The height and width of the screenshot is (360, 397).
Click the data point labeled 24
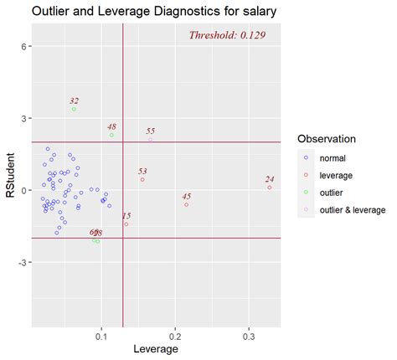coord(270,188)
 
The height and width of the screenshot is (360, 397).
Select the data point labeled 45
coord(186,205)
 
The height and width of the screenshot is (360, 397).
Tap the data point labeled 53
coord(142,180)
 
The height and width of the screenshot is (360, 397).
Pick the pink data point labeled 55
coord(150,140)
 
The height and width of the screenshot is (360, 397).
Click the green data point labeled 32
coord(75,110)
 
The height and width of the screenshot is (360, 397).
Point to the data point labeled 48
coord(111,135)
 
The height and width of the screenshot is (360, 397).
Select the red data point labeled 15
coord(126,224)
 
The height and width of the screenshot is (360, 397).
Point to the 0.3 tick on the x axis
coord(249,336)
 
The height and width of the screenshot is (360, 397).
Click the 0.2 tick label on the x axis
coord(175,336)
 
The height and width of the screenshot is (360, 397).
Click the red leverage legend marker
coord(307,174)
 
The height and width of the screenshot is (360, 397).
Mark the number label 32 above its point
coord(75,100)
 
